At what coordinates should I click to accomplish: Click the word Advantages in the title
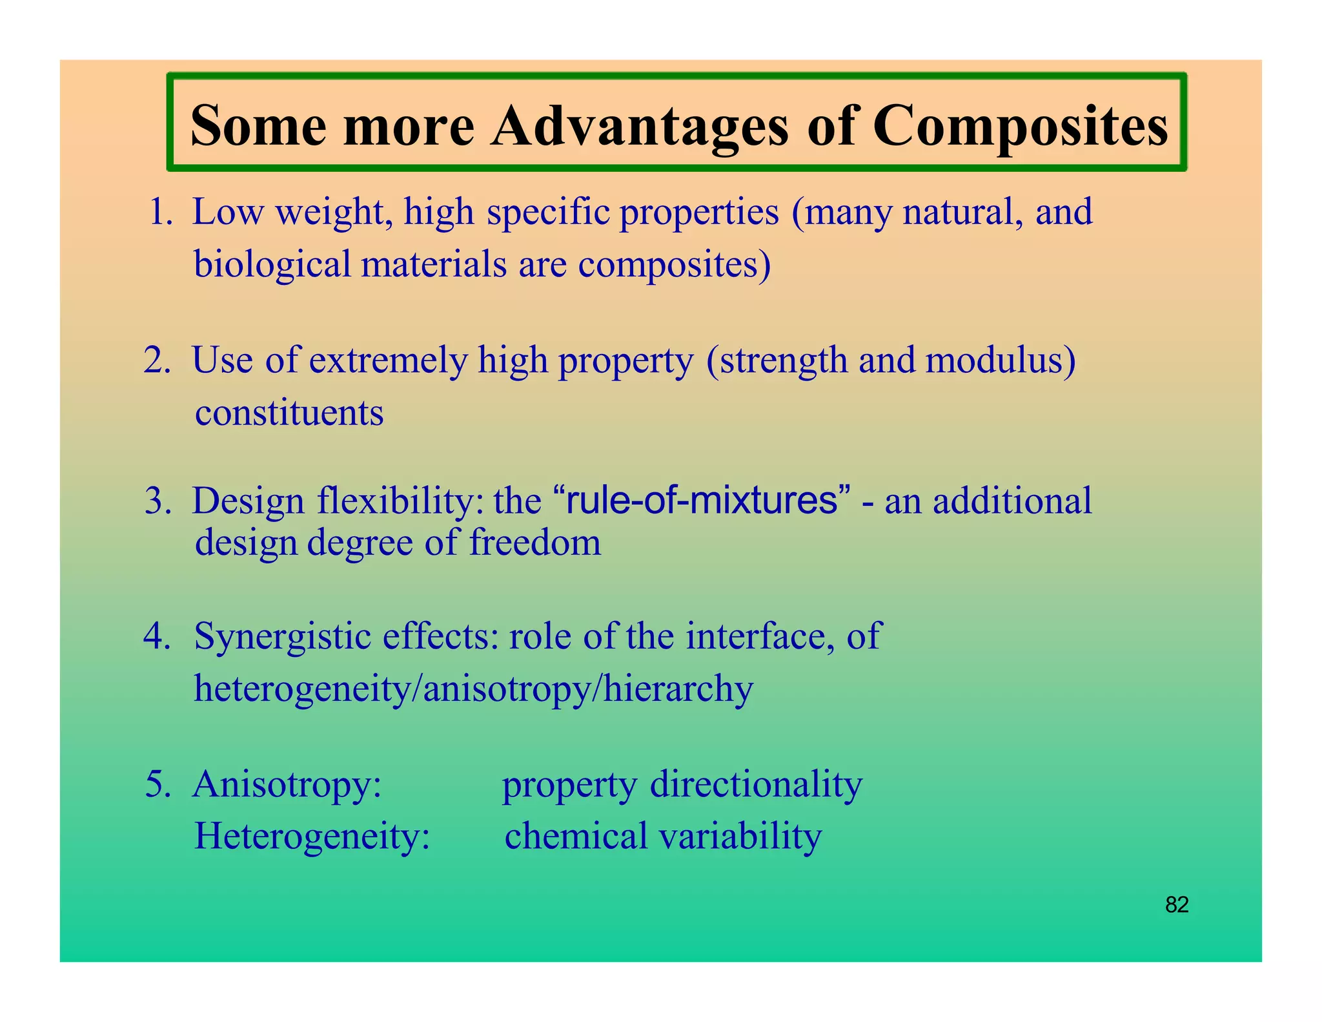click(639, 126)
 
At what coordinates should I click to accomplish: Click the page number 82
click(1177, 904)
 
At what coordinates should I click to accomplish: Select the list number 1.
click(161, 212)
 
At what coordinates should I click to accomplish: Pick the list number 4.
click(157, 636)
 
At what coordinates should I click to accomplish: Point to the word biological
click(272, 265)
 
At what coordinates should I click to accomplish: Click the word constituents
click(289, 413)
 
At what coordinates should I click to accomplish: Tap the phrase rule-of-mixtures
click(701, 501)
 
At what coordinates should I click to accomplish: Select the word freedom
click(534, 542)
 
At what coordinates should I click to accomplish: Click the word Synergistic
click(282, 637)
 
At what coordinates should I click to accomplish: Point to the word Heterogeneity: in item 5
click(312, 836)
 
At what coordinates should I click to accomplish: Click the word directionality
click(756, 784)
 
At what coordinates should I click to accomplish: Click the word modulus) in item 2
click(1000, 360)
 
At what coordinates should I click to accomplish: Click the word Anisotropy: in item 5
click(287, 786)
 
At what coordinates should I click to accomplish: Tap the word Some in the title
click(258, 126)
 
